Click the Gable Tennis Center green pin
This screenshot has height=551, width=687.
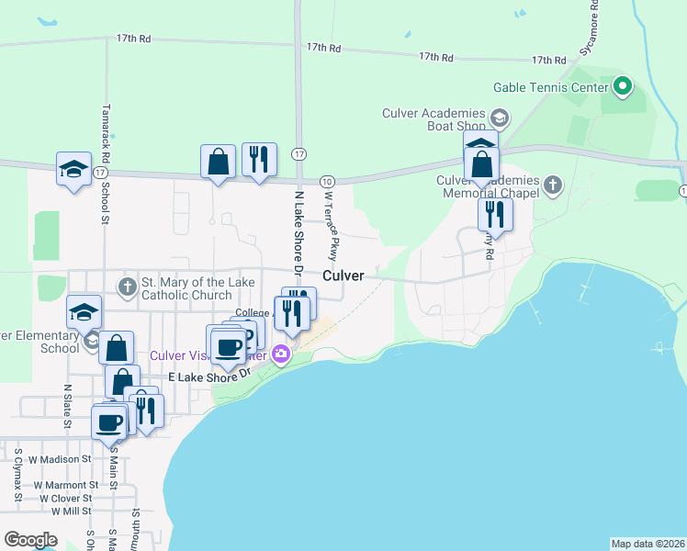pyautogui.click(x=623, y=87)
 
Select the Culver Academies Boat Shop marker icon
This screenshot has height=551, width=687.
pyautogui.click(x=499, y=118)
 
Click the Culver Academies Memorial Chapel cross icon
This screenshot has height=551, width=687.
pyautogui.click(x=552, y=186)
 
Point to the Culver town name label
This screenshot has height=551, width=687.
pyautogui.click(x=343, y=275)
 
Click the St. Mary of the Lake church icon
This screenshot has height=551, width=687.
pyautogui.click(x=127, y=287)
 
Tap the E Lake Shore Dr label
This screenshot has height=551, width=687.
pyautogui.click(x=210, y=376)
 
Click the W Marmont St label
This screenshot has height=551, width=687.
pyautogui.click(x=65, y=484)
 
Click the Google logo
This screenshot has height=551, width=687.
pyautogui.click(x=30, y=540)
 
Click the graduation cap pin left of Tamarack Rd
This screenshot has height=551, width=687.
pyautogui.click(x=73, y=170)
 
